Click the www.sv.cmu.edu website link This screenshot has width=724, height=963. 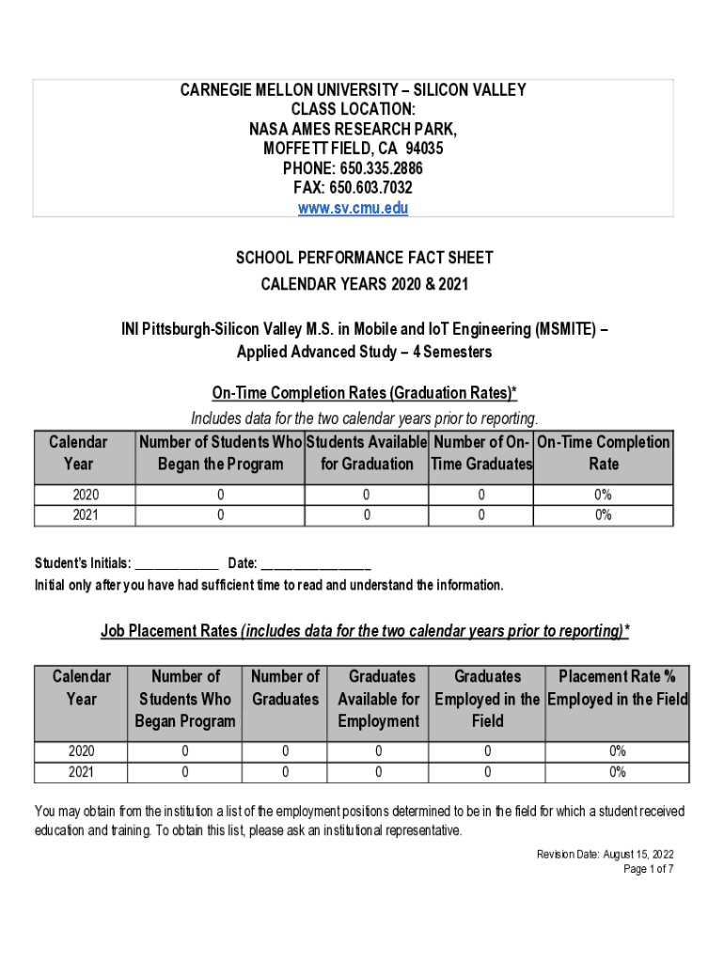(353, 208)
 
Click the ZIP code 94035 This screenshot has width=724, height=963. (424, 149)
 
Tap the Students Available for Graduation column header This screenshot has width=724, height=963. (367, 452)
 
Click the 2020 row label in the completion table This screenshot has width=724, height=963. (85, 495)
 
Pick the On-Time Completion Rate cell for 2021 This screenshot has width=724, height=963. (603, 514)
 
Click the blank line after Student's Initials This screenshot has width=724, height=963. (177, 564)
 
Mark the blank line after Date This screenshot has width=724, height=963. (316, 564)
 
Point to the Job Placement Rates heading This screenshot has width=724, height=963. (365, 631)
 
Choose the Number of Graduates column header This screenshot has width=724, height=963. (285, 687)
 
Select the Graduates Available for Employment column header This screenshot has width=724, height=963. (378, 699)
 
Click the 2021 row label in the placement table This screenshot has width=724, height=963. (81, 772)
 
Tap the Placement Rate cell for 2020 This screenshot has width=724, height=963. (617, 751)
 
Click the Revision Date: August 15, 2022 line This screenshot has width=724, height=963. (605, 854)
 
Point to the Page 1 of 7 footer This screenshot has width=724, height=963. (649, 869)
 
